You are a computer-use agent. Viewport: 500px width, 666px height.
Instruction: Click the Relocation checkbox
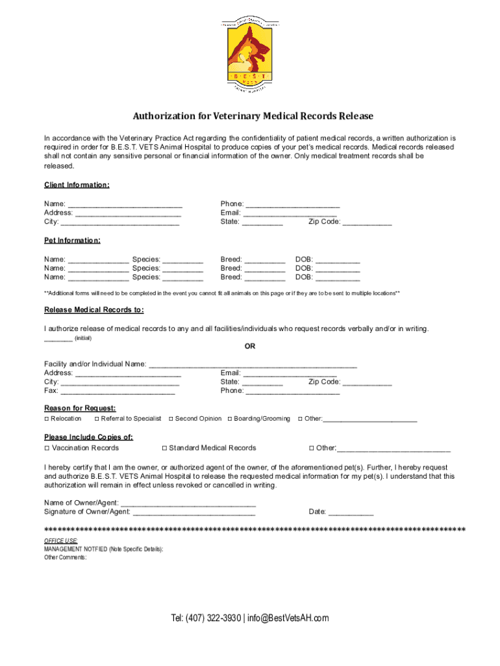pos(47,419)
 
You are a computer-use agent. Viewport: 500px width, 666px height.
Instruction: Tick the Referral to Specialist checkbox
pos(96,419)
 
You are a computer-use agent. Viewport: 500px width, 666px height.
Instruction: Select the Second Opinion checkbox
pos(170,419)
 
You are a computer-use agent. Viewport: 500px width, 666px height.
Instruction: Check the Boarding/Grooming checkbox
pos(229,419)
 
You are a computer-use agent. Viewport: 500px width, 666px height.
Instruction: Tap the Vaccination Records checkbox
pos(47,448)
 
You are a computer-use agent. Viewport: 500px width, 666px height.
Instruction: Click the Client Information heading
pos(77,185)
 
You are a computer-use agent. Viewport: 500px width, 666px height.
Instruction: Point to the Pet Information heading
pos(72,241)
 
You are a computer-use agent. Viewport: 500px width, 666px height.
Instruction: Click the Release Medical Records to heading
pos(94,310)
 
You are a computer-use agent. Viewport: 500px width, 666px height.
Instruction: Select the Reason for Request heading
pos(80,408)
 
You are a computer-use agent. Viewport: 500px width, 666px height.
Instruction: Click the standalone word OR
pos(250,347)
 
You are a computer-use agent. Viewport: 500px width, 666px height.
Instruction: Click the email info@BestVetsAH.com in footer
pos(289,618)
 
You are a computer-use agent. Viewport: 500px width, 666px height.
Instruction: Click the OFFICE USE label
pos(61,541)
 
